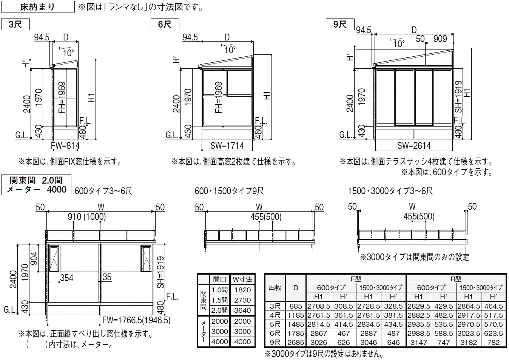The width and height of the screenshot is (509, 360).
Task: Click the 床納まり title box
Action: [38, 6]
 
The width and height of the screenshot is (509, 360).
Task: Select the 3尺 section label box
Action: [15, 24]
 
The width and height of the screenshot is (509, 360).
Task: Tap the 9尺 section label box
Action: [340, 24]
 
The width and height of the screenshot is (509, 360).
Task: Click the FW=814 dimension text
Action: [65, 146]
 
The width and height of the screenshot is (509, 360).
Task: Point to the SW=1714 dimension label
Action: [227, 146]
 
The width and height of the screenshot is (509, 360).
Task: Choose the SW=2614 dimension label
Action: [414, 146]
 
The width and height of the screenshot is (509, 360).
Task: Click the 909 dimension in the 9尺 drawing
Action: [440, 39]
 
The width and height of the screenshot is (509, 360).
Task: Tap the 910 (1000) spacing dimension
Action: [87, 217]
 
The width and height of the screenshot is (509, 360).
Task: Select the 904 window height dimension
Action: [34, 258]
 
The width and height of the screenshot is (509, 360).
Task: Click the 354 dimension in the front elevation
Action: [66, 278]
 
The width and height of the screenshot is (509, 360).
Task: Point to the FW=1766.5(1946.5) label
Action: [136, 320]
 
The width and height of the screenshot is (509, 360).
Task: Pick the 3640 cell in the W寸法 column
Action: [242, 310]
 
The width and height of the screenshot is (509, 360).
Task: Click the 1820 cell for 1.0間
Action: [242, 290]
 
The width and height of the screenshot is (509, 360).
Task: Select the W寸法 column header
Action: [242, 279]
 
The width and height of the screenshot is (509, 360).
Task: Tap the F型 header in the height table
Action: [356, 279]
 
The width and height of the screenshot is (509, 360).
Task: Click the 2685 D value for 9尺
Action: [296, 343]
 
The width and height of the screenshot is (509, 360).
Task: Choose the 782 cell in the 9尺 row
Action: [493, 343]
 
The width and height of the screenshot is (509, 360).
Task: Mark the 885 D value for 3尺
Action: [296, 306]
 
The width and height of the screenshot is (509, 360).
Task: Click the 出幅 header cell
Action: [275, 288]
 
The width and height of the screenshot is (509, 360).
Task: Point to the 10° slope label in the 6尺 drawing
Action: [230, 50]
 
